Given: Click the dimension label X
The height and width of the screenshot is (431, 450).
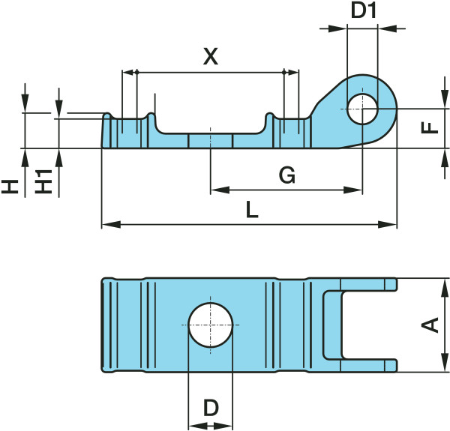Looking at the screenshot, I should (211, 56).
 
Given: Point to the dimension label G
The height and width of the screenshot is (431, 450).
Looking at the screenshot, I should (286, 175).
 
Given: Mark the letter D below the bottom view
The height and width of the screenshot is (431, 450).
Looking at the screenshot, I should (211, 408).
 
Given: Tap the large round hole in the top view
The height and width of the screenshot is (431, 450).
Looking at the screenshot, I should (211, 325).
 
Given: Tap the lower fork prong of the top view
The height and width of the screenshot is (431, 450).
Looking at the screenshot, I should (368, 366).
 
